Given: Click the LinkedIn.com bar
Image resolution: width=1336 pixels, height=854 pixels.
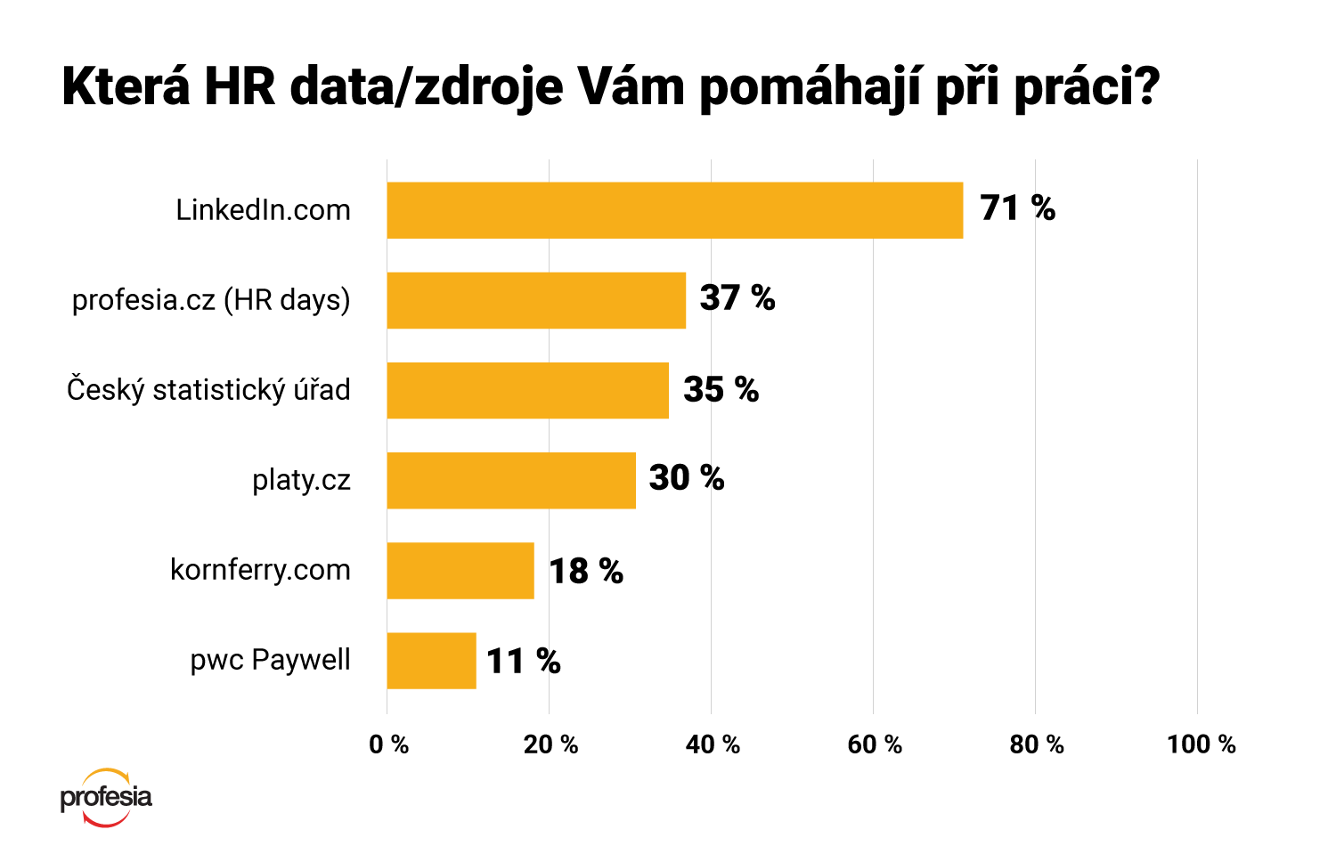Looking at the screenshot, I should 674,210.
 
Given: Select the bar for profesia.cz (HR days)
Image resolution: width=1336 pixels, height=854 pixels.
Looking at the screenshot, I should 536,300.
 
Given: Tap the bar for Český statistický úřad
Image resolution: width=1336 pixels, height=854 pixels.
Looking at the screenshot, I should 527,390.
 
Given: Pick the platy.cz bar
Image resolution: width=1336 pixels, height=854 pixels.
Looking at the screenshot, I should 511,480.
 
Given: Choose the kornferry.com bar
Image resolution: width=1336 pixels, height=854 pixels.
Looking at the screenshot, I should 460,571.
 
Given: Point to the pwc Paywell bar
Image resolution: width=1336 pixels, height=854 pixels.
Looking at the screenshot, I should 431,661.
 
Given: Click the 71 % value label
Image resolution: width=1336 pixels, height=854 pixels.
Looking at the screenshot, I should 1017,208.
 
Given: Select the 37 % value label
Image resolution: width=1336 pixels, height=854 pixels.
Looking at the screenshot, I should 737,298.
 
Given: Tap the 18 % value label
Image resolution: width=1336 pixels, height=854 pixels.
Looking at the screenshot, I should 585,571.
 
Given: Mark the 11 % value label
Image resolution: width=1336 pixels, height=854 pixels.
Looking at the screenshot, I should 523,662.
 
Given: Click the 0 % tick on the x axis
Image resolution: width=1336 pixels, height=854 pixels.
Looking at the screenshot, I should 388,744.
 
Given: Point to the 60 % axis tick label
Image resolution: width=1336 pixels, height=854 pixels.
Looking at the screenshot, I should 875,744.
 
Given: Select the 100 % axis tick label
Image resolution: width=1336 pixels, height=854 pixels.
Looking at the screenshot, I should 1202,744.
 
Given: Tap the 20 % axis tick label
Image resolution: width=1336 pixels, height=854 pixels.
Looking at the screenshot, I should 550,744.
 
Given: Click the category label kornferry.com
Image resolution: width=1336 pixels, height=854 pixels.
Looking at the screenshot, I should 260,570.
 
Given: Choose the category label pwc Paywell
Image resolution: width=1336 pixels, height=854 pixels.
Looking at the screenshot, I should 270,660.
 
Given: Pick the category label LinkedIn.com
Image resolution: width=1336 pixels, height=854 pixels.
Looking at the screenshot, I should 263,210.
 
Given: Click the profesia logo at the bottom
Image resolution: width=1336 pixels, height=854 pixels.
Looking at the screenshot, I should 106,797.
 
